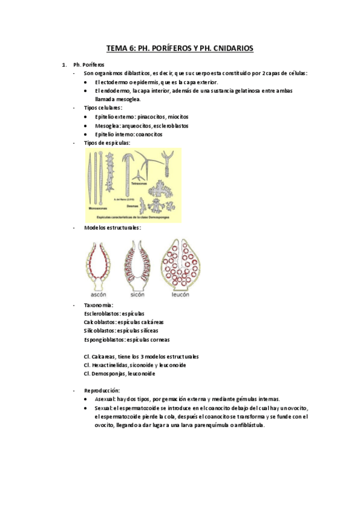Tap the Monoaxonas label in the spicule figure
[x=99, y=209]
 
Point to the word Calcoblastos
[x=100, y=322]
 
